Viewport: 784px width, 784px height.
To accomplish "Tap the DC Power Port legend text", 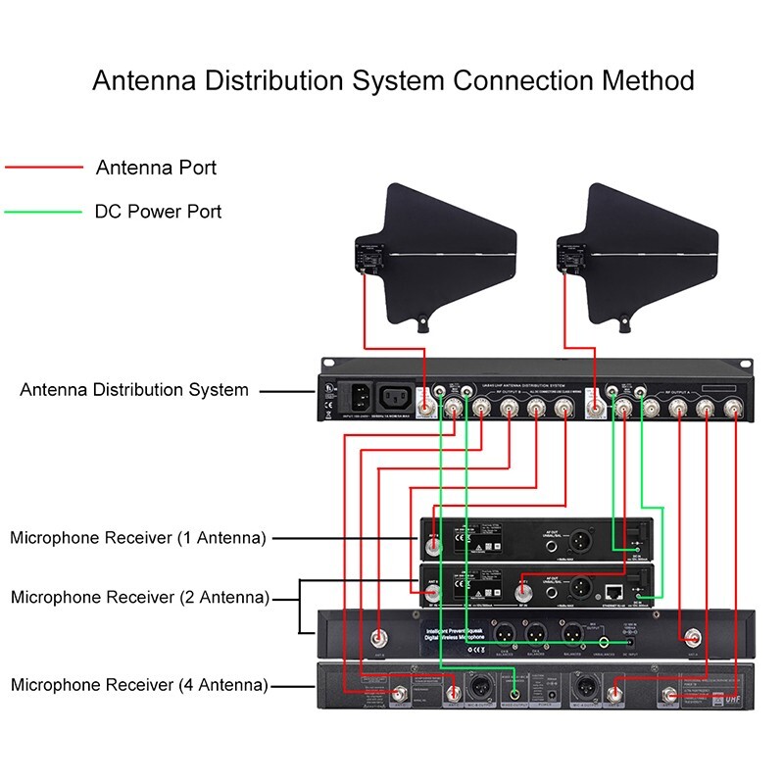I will (x=158, y=211).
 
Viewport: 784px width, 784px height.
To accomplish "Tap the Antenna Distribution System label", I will (x=134, y=390).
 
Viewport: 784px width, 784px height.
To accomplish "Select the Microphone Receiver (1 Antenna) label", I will (x=137, y=538).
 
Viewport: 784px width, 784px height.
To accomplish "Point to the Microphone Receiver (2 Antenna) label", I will (x=139, y=597).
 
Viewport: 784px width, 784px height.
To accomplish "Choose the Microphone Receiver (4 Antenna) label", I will (x=139, y=685).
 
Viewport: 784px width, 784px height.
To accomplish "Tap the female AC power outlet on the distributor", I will (x=400, y=397).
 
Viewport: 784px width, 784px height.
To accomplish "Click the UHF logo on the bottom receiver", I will (x=732, y=698).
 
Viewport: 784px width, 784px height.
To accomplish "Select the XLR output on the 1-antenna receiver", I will (x=577, y=540).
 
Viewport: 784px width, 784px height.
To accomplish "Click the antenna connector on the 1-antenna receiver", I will (x=432, y=540).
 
